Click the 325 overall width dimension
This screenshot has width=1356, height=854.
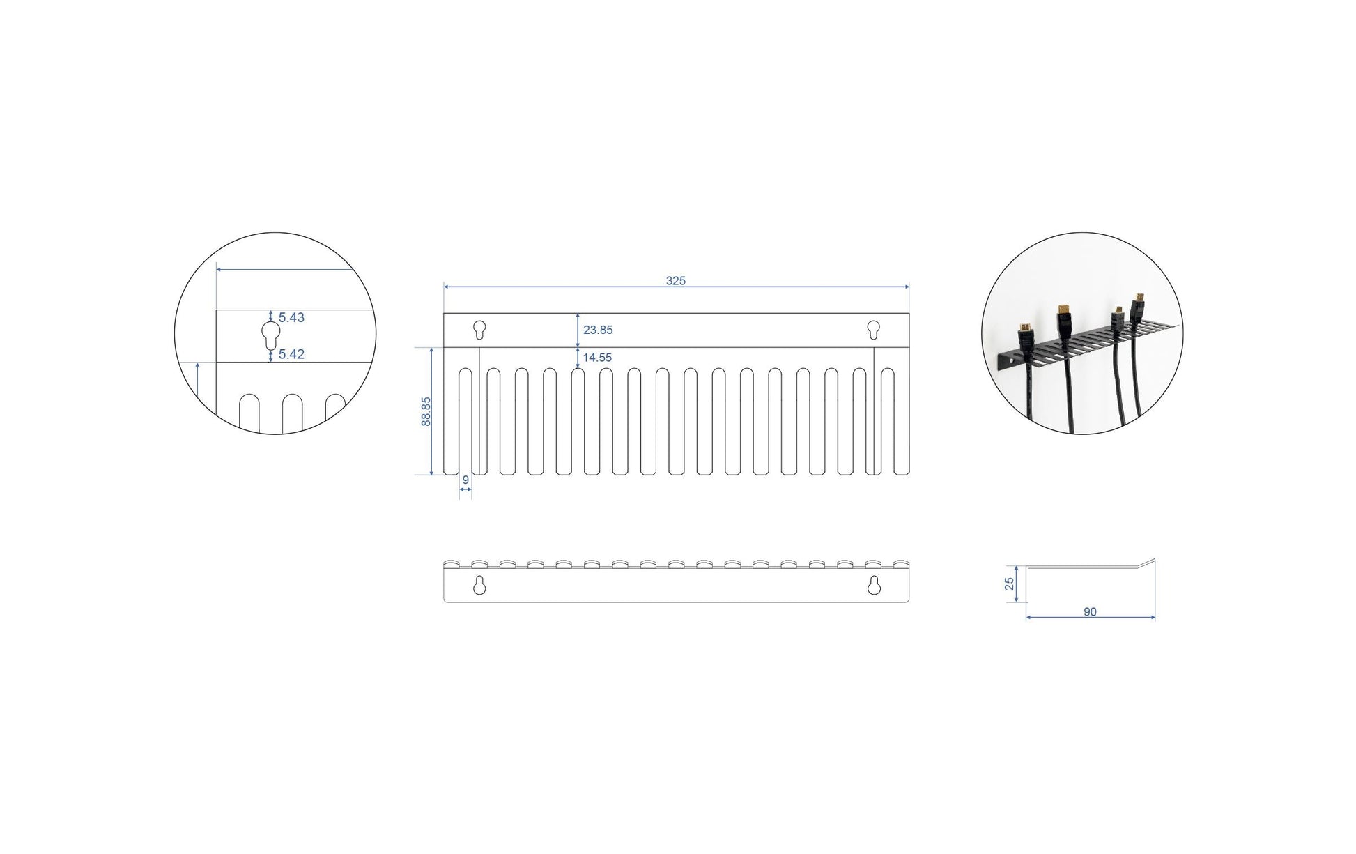[x=675, y=280]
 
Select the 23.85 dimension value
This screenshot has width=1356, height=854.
[x=598, y=330]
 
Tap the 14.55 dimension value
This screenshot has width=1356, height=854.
[x=597, y=358]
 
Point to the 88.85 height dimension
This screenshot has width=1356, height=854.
[x=426, y=411]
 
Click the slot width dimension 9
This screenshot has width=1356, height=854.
[x=465, y=480]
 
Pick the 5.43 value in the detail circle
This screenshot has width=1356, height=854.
[x=291, y=317]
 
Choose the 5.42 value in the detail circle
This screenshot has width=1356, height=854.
[x=291, y=354]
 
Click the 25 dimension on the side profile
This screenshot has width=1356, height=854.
[x=1010, y=584]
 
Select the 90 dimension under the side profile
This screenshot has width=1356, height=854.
[x=1090, y=611]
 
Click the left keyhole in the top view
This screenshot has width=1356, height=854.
[x=479, y=329]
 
